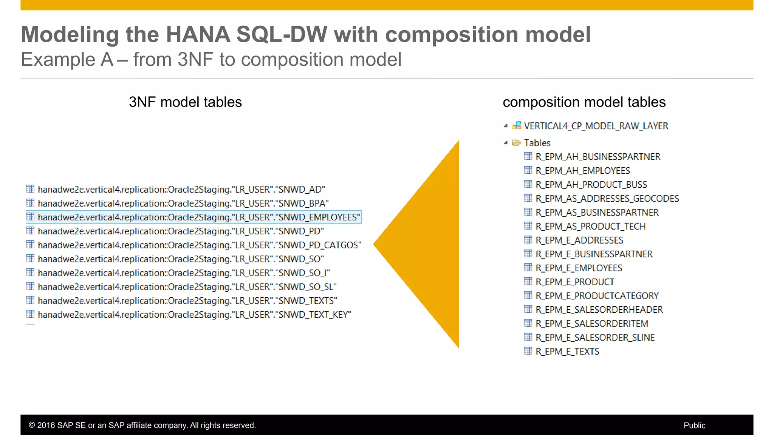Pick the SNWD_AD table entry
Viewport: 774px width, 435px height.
coord(181,190)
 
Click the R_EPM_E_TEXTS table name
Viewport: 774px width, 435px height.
coord(567,352)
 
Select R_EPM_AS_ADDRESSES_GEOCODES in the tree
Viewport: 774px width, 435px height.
coord(607,199)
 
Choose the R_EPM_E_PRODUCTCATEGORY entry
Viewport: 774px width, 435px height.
coord(597,296)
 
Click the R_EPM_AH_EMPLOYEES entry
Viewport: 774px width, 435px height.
coord(583,171)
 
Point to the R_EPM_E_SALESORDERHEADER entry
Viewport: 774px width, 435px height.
coord(599,310)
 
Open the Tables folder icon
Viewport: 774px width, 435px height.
coord(516,143)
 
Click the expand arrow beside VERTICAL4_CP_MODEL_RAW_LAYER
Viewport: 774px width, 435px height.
coord(506,126)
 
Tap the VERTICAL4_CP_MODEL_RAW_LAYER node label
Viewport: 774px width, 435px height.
coord(596,126)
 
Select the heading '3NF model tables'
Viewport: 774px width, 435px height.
coord(185,102)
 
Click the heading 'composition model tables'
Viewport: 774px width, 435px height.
coord(584,102)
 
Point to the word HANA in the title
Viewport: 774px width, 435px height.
coord(198,35)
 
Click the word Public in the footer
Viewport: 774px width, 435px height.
coord(694,426)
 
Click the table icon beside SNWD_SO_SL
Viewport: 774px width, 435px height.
coord(31,286)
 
